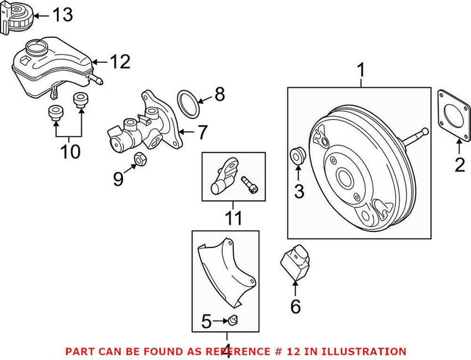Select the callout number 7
pyautogui.click(x=201, y=132)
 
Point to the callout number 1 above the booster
pyautogui.click(x=361, y=72)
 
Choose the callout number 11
pyautogui.click(x=234, y=219)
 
